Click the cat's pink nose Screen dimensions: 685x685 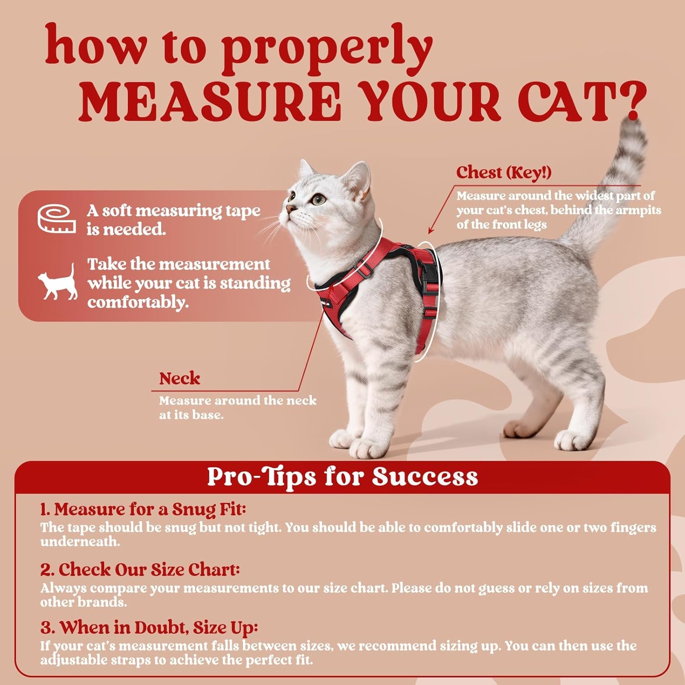[x=290, y=209]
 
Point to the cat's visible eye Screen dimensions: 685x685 [x=319, y=199]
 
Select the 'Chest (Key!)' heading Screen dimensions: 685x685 [x=504, y=173]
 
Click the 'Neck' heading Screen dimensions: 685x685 [x=179, y=379]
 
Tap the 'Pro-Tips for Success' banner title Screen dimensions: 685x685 [x=342, y=477]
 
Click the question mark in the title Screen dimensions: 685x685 [x=632, y=101]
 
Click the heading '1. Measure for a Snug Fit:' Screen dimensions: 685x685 [x=143, y=509]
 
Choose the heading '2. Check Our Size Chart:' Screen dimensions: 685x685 [x=140, y=569]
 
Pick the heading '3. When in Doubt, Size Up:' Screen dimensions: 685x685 [x=149, y=627]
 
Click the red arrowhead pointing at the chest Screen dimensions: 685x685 [x=431, y=230]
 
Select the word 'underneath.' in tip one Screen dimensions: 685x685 [x=80, y=542]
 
